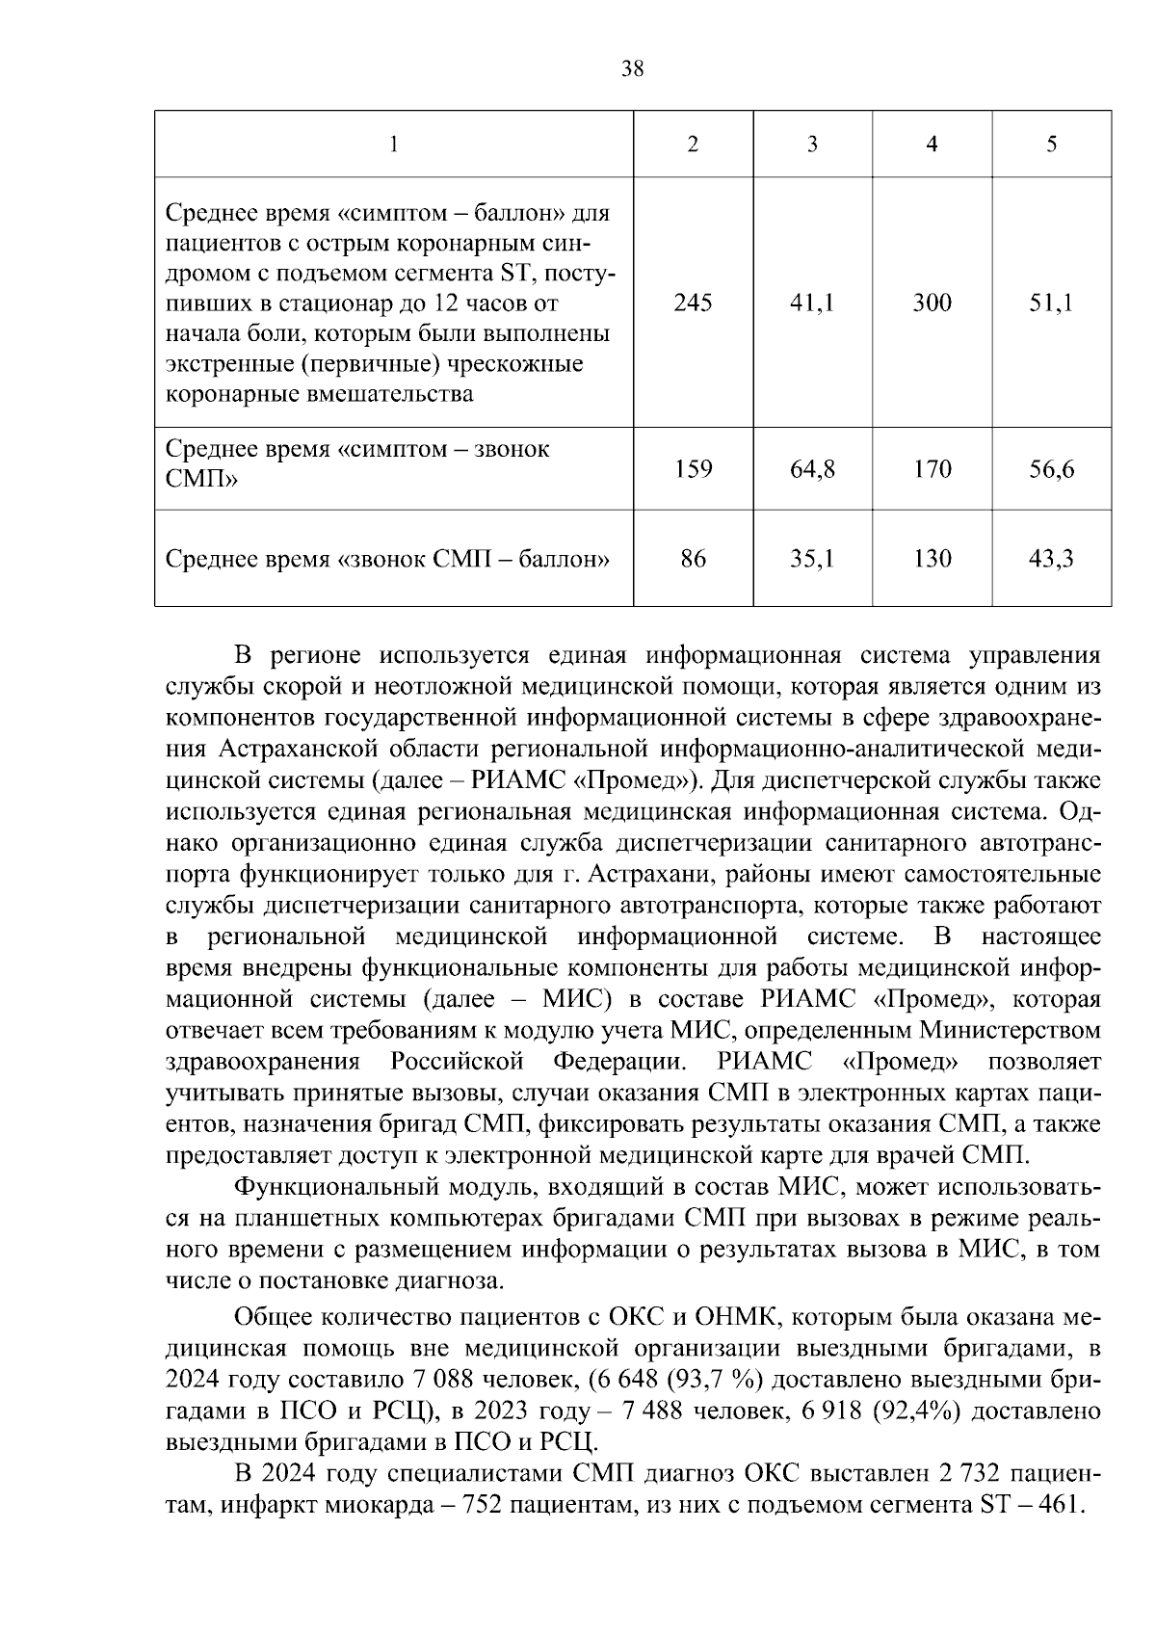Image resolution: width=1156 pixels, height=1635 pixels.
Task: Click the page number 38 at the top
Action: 633,68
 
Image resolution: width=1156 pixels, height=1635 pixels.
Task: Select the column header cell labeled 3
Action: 812,145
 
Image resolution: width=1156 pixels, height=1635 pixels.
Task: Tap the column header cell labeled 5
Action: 1051,145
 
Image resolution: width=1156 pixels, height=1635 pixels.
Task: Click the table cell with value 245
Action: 693,303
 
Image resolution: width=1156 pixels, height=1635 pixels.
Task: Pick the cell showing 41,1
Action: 812,303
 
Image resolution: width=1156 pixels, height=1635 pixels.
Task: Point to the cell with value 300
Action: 932,303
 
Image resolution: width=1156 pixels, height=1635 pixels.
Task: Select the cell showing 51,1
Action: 1051,303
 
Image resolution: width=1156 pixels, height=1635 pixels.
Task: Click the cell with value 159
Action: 693,469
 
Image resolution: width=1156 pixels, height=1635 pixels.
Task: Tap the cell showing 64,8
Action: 812,469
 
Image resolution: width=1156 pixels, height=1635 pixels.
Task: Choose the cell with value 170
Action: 932,469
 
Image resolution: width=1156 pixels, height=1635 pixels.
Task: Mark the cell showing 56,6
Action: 1051,469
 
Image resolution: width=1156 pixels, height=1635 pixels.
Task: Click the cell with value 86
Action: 693,559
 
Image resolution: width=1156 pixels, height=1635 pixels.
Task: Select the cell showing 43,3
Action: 1051,559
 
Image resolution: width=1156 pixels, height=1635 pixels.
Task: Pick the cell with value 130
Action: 932,559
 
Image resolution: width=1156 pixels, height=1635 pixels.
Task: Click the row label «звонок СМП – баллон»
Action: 388,559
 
